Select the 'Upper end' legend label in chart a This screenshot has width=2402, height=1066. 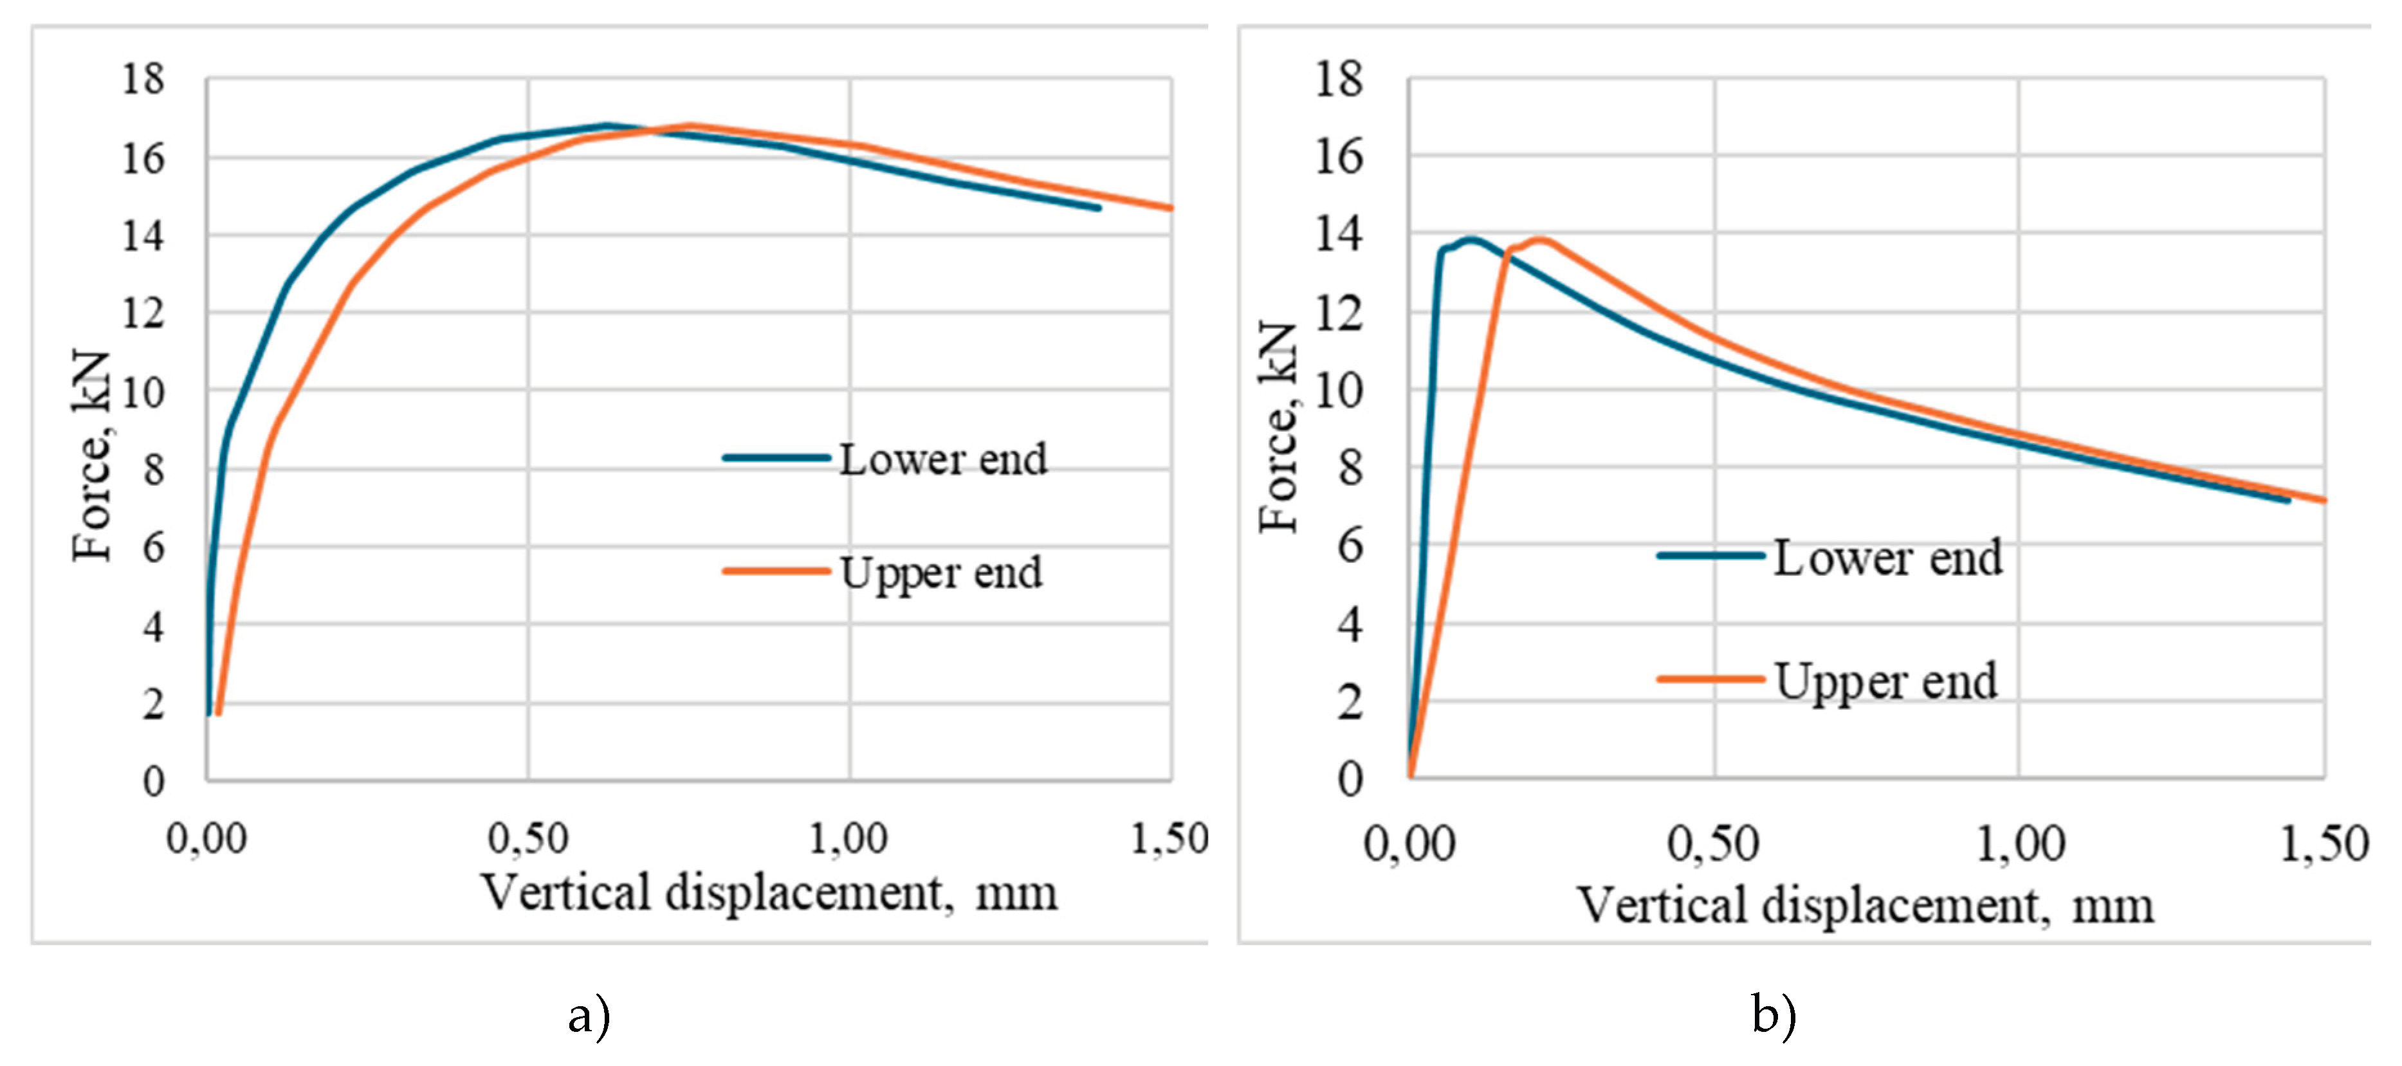tap(941, 573)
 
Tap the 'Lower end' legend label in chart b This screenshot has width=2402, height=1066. tap(1887, 558)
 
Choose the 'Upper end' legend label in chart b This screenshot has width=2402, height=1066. tap(1885, 682)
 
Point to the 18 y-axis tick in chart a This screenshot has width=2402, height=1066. tap(143, 79)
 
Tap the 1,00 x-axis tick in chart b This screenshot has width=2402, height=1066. tap(2021, 844)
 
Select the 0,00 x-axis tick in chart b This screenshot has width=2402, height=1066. tap(1409, 844)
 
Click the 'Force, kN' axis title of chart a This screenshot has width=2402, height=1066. tap(91, 457)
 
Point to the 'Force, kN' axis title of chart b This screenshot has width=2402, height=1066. tap(1278, 427)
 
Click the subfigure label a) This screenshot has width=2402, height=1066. tap(589, 1015)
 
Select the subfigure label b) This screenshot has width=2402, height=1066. tap(1774, 1014)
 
